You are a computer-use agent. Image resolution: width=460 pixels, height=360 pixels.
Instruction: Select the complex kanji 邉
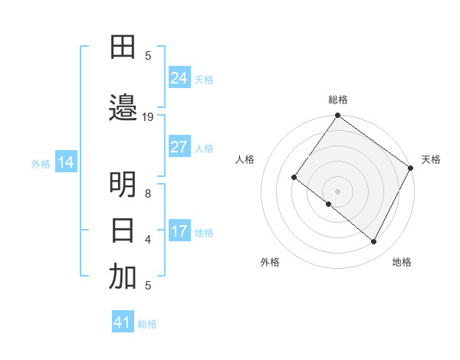click(123, 106)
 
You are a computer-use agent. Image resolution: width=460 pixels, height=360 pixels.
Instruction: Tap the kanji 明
click(123, 185)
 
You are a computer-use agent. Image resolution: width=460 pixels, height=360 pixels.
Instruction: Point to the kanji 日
click(123, 230)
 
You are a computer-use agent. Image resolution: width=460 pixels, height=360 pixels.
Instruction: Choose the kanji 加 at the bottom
click(123, 277)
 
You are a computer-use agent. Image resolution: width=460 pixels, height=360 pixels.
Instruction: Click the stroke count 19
click(148, 116)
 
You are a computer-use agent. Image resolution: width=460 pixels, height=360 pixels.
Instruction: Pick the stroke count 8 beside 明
click(148, 194)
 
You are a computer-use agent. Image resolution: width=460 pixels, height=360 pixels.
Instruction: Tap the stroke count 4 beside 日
click(148, 240)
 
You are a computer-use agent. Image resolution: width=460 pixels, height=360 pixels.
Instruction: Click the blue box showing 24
click(179, 78)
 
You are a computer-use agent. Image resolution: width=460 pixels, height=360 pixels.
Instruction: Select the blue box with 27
click(179, 147)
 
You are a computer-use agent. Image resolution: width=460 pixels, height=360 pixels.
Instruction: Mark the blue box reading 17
click(179, 231)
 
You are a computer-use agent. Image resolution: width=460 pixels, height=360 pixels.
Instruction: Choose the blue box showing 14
click(66, 162)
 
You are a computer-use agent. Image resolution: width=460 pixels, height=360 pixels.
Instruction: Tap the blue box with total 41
click(123, 322)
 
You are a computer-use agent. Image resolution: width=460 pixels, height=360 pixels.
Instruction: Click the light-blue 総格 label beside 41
click(147, 324)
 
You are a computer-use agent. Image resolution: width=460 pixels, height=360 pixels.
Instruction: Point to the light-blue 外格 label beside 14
click(41, 163)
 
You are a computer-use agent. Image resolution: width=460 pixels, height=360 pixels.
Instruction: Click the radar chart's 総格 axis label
click(337, 100)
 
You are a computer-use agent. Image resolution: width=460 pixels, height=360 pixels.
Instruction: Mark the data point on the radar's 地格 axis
click(374, 242)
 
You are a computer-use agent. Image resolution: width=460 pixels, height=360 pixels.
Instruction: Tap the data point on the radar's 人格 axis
click(294, 177)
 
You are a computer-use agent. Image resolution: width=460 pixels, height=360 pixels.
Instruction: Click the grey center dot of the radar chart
click(337, 191)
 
